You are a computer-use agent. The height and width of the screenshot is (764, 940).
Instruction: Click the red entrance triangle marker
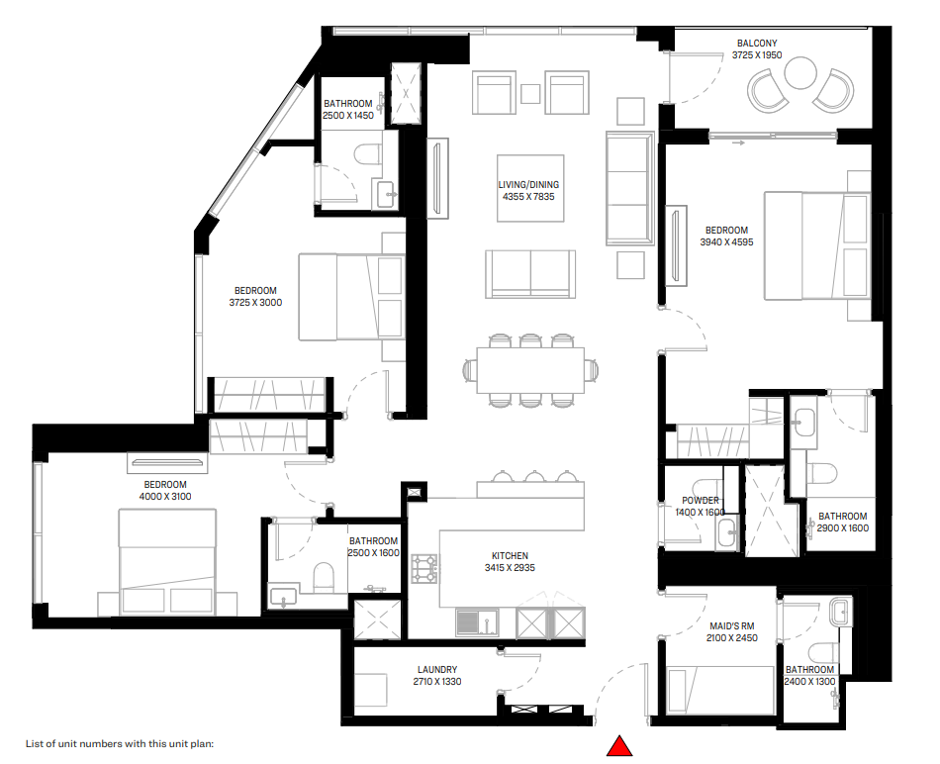tap(619, 746)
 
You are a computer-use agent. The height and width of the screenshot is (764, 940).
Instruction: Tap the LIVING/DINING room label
tap(528, 185)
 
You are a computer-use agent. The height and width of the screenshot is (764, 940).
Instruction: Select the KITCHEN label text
tap(510, 556)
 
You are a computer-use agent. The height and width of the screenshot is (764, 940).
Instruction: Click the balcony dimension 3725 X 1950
tap(757, 55)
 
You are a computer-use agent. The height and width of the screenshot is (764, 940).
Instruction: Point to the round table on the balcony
tap(799, 72)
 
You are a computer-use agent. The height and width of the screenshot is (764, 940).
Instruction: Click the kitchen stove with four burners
tap(423, 568)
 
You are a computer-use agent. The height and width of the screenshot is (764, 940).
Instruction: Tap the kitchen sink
tap(477, 622)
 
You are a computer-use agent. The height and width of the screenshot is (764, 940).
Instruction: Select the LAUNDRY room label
tap(437, 669)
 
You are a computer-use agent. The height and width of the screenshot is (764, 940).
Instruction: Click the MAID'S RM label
tap(731, 626)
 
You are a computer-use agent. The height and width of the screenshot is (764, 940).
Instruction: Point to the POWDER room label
tap(701, 500)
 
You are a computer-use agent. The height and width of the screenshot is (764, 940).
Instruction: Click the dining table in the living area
tap(530, 370)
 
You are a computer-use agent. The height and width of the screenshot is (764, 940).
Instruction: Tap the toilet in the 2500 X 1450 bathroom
tap(367, 153)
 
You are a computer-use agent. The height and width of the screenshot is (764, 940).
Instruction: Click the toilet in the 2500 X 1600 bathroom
tap(324, 578)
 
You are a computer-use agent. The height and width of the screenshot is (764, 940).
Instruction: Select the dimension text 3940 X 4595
tap(726, 242)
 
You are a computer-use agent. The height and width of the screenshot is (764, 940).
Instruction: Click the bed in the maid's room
tap(720, 690)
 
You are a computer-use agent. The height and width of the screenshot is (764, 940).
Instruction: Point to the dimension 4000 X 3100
tap(165, 497)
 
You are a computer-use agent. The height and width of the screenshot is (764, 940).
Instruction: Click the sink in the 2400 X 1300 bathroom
tap(840, 612)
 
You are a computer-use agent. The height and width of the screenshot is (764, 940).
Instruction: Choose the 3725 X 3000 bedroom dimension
tap(255, 303)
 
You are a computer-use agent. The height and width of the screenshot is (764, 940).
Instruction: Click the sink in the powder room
tap(727, 533)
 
